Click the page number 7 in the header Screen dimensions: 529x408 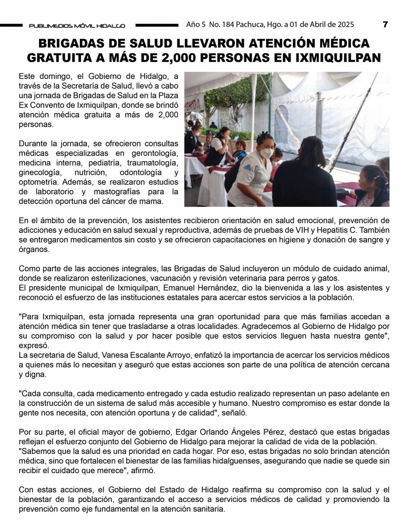[385, 24]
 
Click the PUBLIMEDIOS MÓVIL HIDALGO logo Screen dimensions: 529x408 [77, 26]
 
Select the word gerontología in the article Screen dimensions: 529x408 [155, 153]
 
